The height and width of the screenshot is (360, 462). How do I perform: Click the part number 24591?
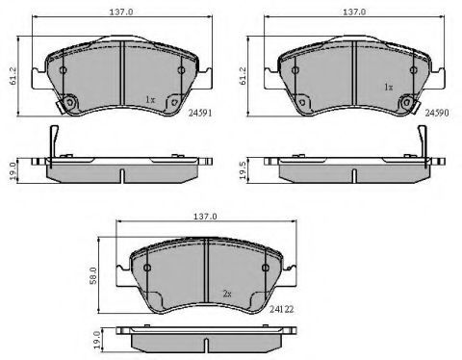200,113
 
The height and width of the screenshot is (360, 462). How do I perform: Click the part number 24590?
437,113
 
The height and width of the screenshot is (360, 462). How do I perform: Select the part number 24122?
281,309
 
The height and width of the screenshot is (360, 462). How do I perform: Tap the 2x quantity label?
227,294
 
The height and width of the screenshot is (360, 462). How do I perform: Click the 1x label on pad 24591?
150,100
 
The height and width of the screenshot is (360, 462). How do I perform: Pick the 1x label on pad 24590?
389,87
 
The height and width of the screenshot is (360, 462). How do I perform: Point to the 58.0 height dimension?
93,275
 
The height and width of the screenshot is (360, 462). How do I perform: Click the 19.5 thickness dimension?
243,170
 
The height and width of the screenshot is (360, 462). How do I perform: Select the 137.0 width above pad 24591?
121,13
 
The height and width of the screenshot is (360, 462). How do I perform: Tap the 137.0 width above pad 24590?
354,13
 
